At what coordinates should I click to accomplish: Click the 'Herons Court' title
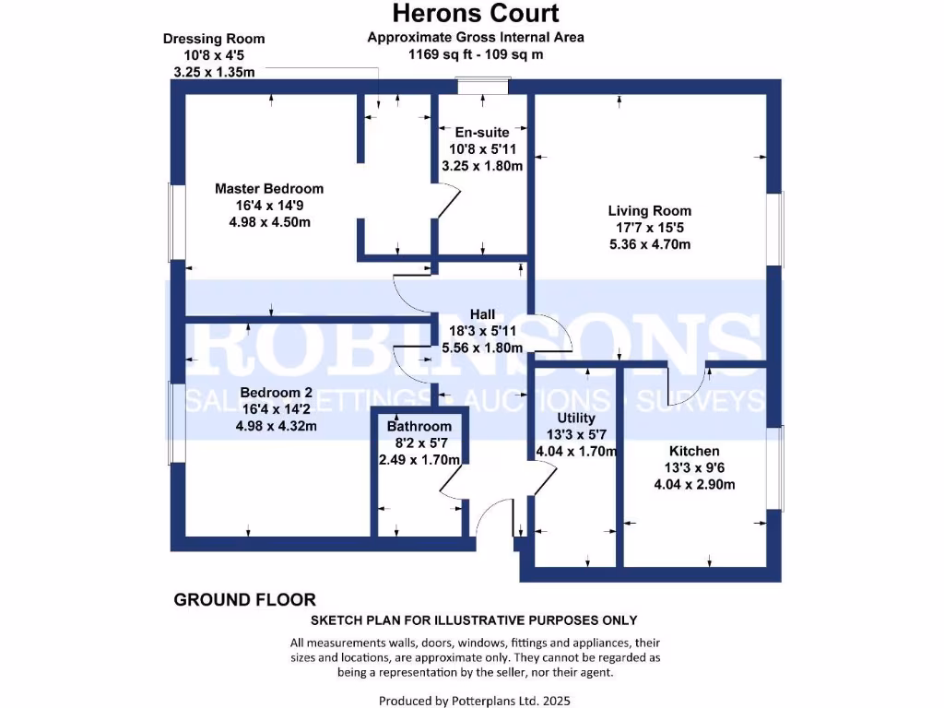click(475, 13)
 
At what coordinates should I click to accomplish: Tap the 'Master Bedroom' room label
click(269, 189)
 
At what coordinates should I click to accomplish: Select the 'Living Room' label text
click(649, 211)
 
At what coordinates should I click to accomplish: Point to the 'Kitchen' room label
click(694, 452)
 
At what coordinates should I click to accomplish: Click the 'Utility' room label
click(571, 419)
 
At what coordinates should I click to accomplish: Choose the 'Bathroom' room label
click(419, 426)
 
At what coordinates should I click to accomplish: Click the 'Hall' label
click(483, 314)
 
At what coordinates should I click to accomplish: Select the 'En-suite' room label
click(481, 133)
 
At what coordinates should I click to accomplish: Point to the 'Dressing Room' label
click(214, 39)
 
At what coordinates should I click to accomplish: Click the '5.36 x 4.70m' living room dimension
click(650, 244)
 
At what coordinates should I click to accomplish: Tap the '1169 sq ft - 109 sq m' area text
click(476, 53)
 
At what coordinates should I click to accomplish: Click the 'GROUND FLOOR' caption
click(244, 600)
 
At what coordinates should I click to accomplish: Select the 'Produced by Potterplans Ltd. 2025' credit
click(475, 701)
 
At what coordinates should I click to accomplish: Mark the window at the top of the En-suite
click(484, 87)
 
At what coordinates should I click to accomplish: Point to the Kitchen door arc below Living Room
click(687, 380)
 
